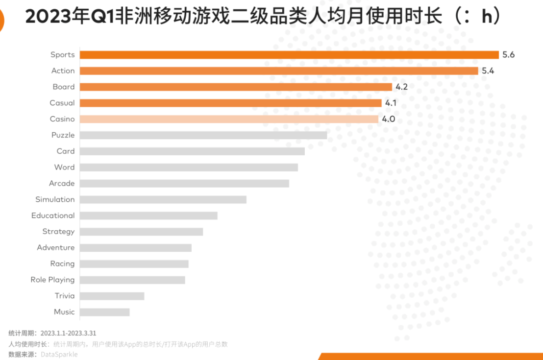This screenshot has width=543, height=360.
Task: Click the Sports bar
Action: click(x=289, y=55)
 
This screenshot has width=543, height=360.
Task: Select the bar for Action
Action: click(x=279, y=71)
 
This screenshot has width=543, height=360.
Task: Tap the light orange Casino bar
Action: click(x=229, y=119)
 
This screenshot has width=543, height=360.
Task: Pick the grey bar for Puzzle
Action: click(x=203, y=135)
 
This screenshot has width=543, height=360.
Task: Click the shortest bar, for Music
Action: click(x=104, y=312)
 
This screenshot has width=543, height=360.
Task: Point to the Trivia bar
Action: click(x=112, y=296)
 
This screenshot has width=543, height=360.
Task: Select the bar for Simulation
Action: click(x=163, y=199)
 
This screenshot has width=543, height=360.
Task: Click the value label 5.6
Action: click(x=508, y=55)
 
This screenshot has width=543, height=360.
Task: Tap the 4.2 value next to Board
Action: click(x=401, y=87)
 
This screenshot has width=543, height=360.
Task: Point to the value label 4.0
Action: click(x=388, y=119)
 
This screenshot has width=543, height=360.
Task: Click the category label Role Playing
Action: click(x=52, y=280)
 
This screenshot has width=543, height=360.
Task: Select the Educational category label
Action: click(x=53, y=216)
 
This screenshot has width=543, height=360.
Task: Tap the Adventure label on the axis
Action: click(x=56, y=248)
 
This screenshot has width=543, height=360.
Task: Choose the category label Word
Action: click(x=64, y=168)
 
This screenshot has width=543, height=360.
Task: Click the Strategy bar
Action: click(x=141, y=232)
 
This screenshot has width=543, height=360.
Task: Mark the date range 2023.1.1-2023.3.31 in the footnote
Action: click(x=68, y=333)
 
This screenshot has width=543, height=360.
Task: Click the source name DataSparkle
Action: click(x=59, y=354)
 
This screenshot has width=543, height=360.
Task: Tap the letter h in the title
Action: click(x=487, y=17)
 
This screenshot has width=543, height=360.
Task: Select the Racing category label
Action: click(x=62, y=264)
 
